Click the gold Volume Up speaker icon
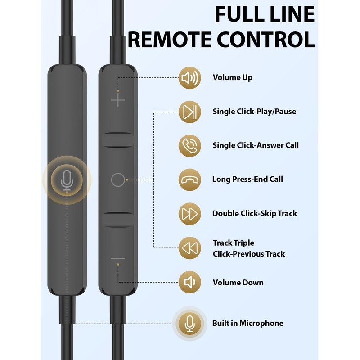tap(189, 78)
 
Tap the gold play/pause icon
tap(189, 112)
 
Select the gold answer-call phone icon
tap(189, 146)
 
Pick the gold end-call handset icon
tap(189, 180)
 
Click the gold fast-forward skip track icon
tap(189, 214)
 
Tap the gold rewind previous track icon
tap(189, 248)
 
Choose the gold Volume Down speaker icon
tap(189, 282)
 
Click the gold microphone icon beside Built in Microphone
tap(189, 324)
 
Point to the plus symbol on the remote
tap(118, 100)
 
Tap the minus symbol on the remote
tap(118, 258)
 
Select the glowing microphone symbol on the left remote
tap(67, 180)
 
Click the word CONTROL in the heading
tap(265, 40)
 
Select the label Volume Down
tap(238, 282)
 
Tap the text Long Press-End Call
tap(247, 179)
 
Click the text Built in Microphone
tap(248, 323)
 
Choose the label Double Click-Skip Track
tap(255, 213)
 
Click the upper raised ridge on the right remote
tap(118, 140)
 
